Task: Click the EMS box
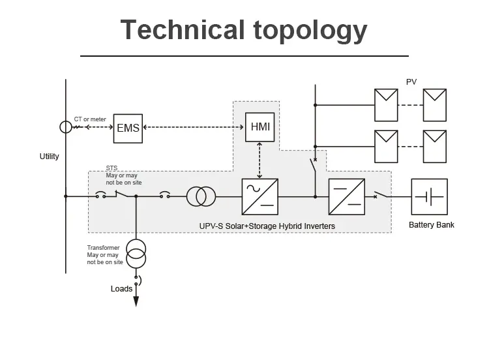coord(128,127)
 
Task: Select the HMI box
coord(260,127)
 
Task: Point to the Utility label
coord(49,157)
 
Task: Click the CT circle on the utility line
coord(66,127)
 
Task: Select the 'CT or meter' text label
coord(90,119)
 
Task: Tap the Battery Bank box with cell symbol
coord(429,196)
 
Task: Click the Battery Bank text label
coord(431,225)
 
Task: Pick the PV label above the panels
coord(411,82)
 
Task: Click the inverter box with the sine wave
coord(259,196)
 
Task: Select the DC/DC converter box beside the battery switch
coord(346,196)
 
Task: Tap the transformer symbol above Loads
coord(136,254)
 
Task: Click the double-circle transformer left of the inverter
coord(201,196)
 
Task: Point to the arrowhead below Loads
coord(136,301)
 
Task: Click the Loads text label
coord(121,288)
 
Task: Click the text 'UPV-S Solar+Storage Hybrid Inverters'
coord(267,226)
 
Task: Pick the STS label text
coord(111,168)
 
